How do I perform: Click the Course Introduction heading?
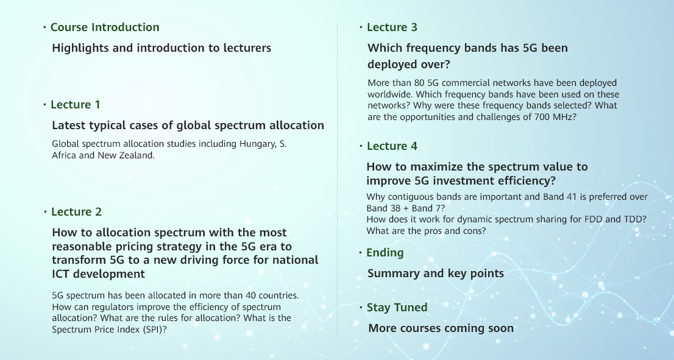(105, 27)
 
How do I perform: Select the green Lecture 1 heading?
(75, 104)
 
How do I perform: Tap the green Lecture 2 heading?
(77, 212)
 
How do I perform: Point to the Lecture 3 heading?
(392, 27)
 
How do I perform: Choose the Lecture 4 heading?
(392, 146)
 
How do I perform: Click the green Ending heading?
(385, 253)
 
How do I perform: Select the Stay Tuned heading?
(397, 308)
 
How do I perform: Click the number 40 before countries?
(250, 295)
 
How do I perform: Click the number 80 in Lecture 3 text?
(419, 83)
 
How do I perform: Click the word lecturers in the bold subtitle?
(247, 48)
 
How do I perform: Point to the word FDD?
(593, 219)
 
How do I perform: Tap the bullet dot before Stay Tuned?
(361, 307)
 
